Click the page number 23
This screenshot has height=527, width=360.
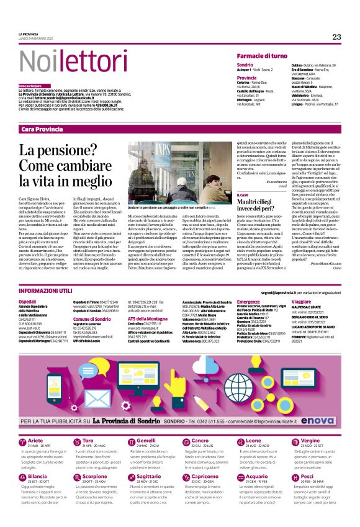(x=336, y=37)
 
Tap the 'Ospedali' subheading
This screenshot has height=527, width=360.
(x=28, y=301)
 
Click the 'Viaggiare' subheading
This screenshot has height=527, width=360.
(x=303, y=301)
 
